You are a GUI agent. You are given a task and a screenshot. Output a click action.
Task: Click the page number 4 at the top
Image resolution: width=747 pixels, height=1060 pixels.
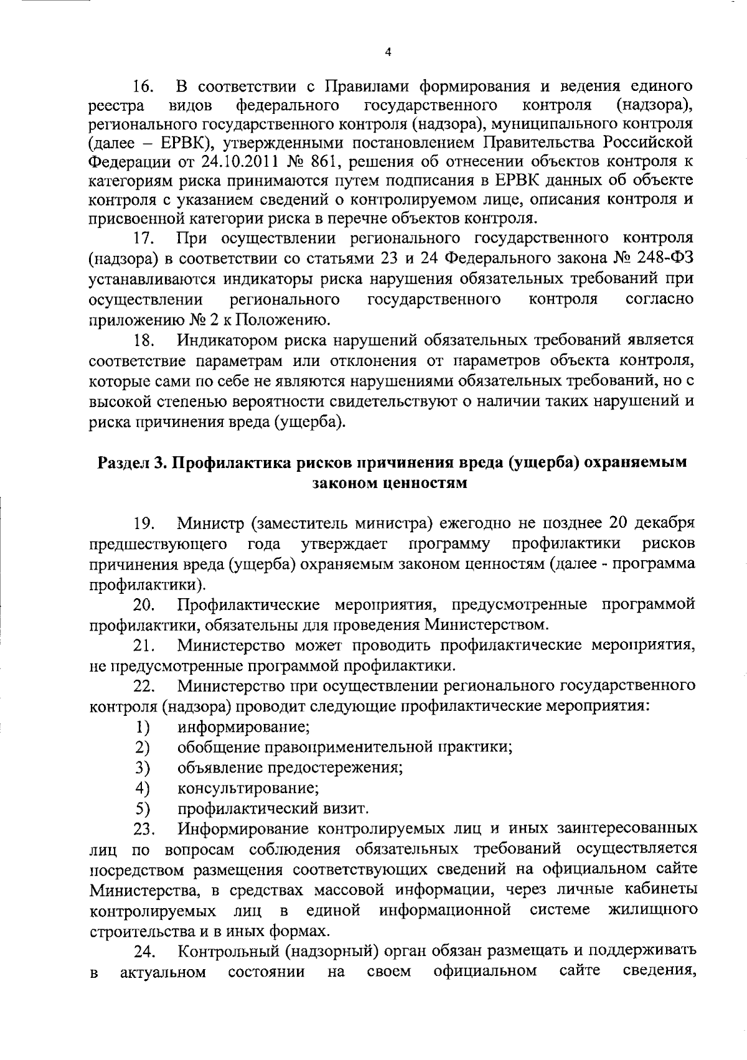388,54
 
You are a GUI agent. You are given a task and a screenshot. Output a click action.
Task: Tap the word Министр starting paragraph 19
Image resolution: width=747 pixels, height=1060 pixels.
211,522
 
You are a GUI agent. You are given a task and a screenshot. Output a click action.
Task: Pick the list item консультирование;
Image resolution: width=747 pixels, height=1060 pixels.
248,789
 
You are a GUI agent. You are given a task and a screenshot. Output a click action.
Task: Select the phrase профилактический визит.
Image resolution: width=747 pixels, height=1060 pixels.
273,809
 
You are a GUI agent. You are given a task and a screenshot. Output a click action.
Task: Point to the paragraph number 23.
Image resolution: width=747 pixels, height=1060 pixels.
144,830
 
